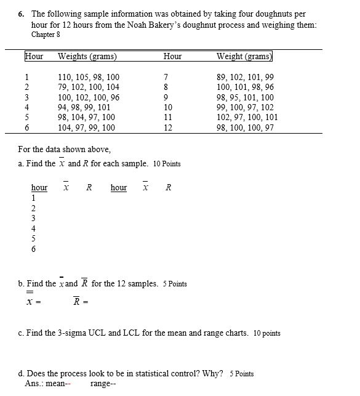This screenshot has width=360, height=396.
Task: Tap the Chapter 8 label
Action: (x=46, y=34)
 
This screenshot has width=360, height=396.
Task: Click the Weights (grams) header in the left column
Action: (x=87, y=57)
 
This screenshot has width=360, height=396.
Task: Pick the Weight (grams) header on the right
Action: (x=244, y=57)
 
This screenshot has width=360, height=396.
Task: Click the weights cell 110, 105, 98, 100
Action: (x=89, y=78)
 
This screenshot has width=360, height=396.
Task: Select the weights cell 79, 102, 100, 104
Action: (x=89, y=87)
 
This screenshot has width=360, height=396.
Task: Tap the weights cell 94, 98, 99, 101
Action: (x=84, y=107)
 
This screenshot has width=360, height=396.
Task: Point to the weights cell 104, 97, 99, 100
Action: (x=86, y=127)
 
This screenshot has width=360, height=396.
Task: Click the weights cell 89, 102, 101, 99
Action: (x=246, y=78)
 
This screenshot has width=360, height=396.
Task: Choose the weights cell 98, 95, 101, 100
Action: (x=246, y=97)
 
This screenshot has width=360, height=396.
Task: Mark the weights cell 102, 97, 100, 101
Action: (x=247, y=117)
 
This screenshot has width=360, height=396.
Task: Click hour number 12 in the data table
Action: (x=169, y=127)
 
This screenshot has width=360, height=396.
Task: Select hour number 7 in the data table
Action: (x=167, y=78)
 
